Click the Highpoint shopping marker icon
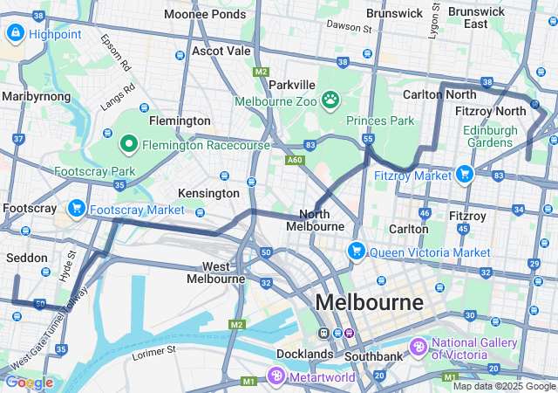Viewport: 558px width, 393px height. [x=15, y=33]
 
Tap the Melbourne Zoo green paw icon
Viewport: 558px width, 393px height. [x=330, y=100]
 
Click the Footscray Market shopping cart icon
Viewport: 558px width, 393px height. [x=77, y=209]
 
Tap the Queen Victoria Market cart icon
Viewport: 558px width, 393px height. [x=356, y=252]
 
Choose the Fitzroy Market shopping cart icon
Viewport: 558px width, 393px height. [x=464, y=174]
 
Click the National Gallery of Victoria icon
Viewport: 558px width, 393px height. [x=418, y=347]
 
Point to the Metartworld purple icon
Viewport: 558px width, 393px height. [x=276, y=376]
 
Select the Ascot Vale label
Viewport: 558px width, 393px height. [x=221, y=52]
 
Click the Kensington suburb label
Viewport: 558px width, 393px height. [x=208, y=192]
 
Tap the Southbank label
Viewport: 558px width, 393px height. [x=372, y=356]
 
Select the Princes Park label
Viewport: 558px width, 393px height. [x=380, y=121]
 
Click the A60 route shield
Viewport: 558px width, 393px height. [x=294, y=160]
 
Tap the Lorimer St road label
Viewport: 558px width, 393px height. [x=155, y=352]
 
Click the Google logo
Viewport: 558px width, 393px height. [x=28, y=382]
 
